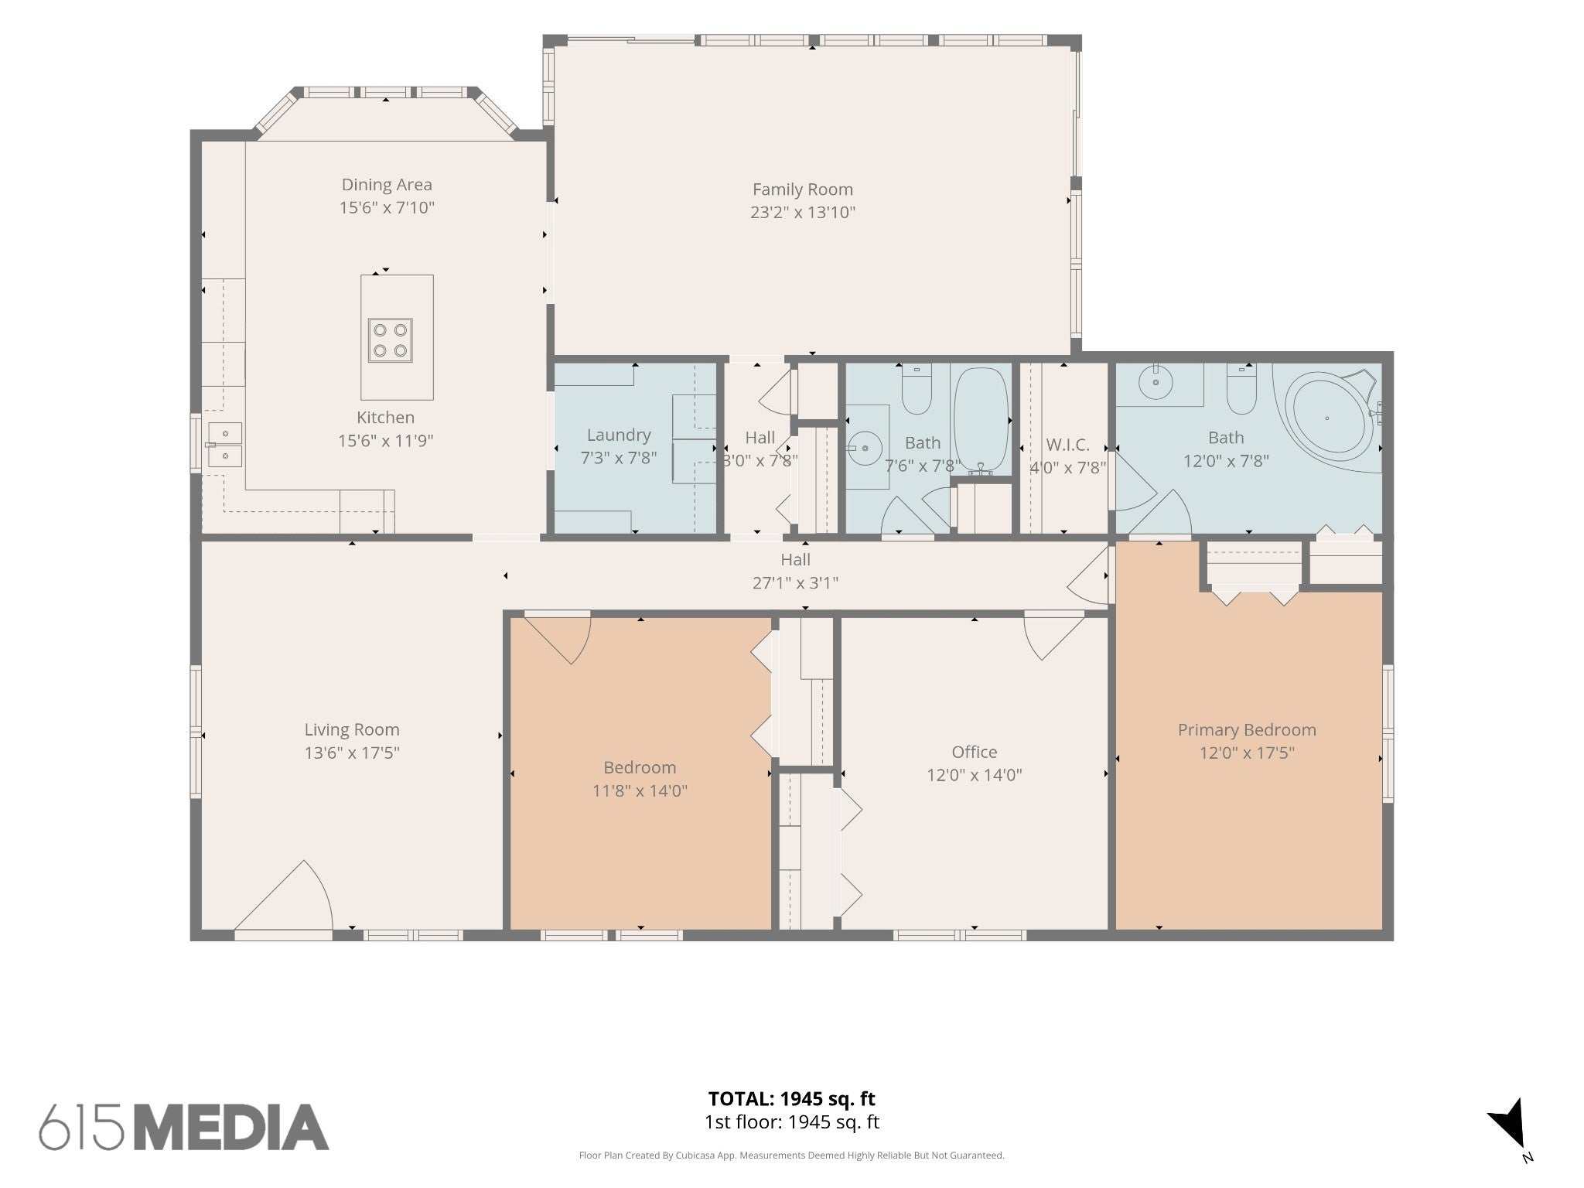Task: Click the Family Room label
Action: tap(803, 189)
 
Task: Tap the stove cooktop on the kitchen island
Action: tap(390, 340)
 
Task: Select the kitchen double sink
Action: tap(224, 445)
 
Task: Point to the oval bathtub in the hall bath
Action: tap(981, 420)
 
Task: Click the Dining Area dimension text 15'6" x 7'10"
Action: tap(387, 208)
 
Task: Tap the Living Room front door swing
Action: tap(284, 895)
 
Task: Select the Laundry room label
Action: tap(619, 435)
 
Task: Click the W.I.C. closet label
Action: tap(1067, 445)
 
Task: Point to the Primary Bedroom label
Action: tap(1247, 730)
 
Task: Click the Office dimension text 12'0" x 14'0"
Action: tap(975, 775)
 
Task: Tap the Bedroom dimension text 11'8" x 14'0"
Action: tap(640, 790)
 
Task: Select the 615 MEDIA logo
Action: tap(184, 1127)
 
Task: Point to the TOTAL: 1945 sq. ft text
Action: tap(791, 1098)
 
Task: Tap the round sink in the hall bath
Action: tap(866, 447)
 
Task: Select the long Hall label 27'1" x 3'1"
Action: tap(795, 571)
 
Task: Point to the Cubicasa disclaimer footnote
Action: tap(791, 1156)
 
